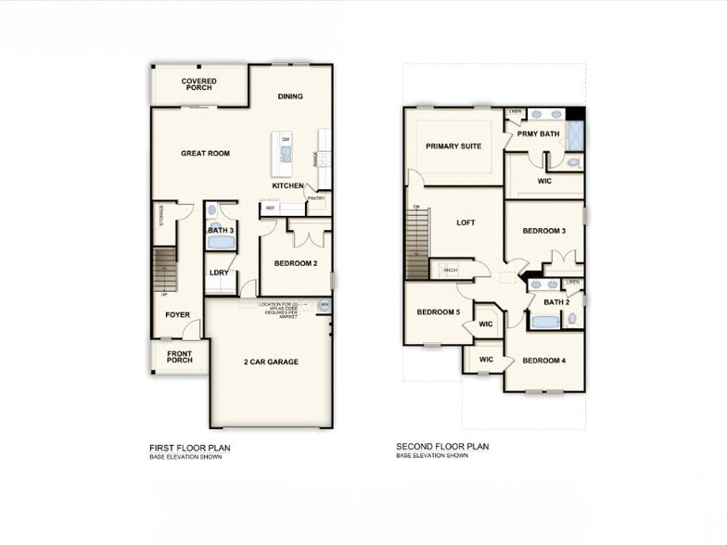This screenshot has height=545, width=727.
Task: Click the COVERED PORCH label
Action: [199, 85]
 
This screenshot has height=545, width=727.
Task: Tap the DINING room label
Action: [290, 96]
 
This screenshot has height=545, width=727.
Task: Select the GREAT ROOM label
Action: [206, 153]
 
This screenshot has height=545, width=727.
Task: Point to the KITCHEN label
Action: [287, 186]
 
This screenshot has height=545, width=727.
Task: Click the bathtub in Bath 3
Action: [222, 243]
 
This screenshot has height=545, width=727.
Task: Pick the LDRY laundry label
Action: [219, 272]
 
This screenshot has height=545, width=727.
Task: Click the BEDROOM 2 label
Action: [296, 263]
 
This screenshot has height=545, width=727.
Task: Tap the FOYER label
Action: [177, 315]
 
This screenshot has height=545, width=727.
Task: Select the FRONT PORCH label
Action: [179, 357]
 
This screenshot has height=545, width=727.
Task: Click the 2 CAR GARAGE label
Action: [271, 361]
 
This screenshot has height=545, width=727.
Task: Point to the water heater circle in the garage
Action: [325, 304]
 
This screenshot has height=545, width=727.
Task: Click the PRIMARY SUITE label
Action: [453, 146]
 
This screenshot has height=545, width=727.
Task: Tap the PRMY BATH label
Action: [539, 134]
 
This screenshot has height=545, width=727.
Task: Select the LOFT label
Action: [466, 222]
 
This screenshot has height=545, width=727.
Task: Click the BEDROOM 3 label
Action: [543, 231]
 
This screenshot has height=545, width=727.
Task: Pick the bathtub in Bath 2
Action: [545, 323]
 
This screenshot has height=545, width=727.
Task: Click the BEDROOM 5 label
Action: [438, 312]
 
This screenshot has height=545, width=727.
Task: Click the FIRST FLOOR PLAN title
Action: [189, 448]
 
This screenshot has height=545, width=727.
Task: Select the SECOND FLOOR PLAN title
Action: [441, 446]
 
